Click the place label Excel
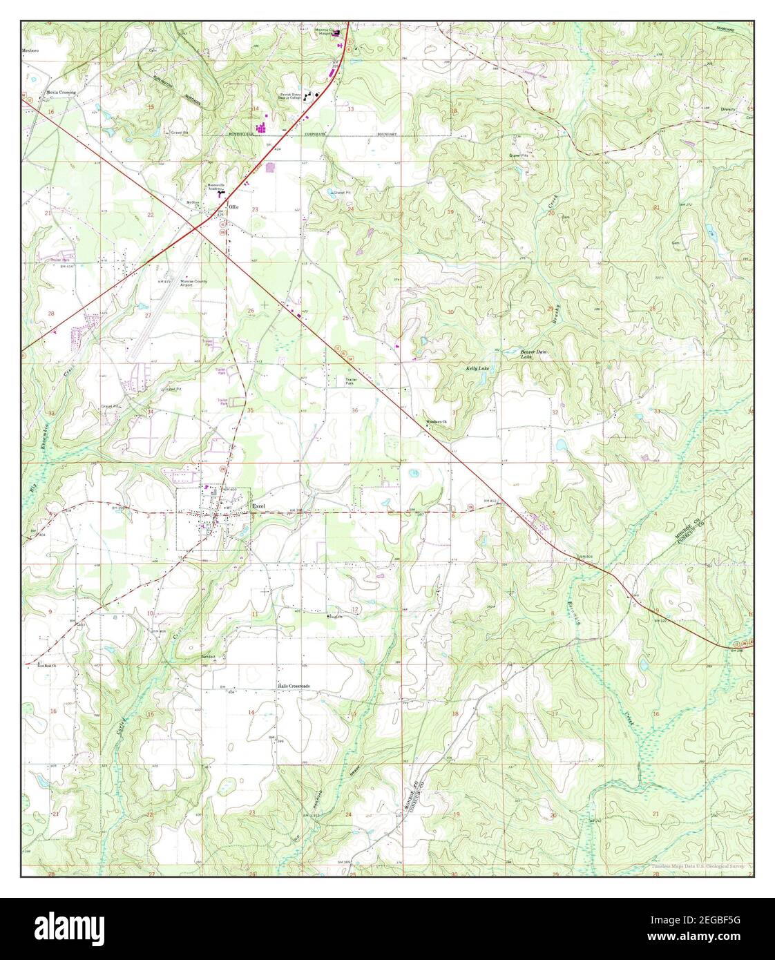pos(258,505)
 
